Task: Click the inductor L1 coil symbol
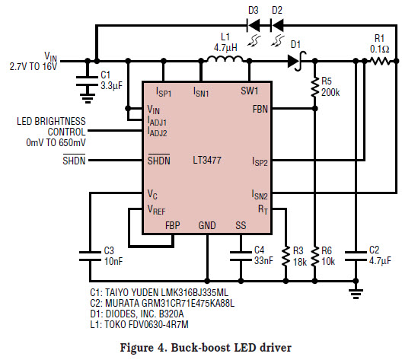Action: coord(225,59)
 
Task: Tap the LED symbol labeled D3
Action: coord(254,26)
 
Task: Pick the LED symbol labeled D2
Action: coord(276,26)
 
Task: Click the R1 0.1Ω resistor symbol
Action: coord(380,62)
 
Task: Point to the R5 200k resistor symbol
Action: coord(315,87)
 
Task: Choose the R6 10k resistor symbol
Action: coord(315,256)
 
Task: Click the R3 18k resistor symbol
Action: coord(286,256)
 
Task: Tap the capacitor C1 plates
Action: coord(87,81)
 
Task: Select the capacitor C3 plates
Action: coord(91,256)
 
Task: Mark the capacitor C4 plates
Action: coord(241,256)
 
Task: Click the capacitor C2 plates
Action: coord(356,256)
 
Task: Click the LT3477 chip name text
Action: coord(207,160)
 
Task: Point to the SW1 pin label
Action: coord(250,91)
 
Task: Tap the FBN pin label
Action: coord(260,109)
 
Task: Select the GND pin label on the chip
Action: coord(207,225)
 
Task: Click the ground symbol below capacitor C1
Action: coord(87,98)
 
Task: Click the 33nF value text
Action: coord(263,260)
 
